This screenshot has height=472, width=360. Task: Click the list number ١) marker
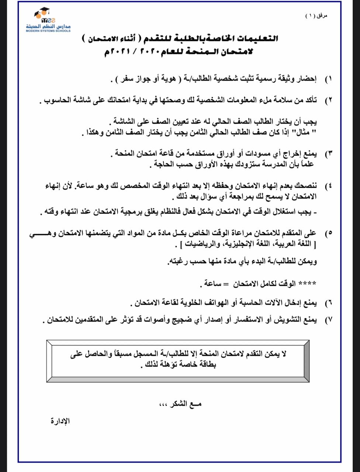(x=328, y=79)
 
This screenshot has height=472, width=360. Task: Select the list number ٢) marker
(x=328, y=100)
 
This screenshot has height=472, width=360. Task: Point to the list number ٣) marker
(x=328, y=153)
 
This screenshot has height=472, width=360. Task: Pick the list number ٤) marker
(x=328, y=185)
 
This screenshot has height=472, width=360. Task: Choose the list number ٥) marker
(x=328, y=233)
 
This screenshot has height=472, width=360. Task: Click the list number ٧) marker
(x=328, y=320)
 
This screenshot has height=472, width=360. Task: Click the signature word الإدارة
(x=60, y=421)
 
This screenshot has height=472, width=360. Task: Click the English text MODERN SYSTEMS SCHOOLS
(x=48, y=31)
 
